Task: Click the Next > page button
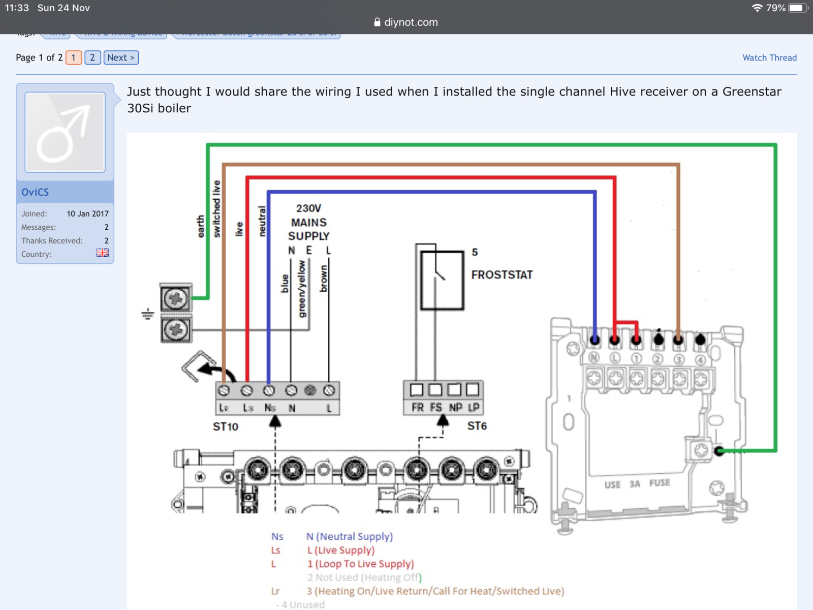click(121, 57)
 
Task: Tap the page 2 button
click(92, 57)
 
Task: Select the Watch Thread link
click(769, 57)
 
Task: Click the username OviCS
click(35, 192)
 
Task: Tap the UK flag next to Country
click(102, 253)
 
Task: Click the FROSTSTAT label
click(502, 275)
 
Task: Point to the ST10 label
click(226, 426)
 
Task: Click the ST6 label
click(477, 426)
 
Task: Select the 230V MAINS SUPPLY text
click(309, 222)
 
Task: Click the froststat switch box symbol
click(442, 280)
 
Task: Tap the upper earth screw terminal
click(176, 298)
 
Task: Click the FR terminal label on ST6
click(418, 407)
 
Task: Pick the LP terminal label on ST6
click(474, 407)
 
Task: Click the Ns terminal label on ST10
click(270, 408)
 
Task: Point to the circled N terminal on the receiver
click(594, 358)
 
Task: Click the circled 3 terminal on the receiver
click(679, 359)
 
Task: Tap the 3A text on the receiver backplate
click(635, 484)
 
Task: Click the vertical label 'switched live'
click(217, 208)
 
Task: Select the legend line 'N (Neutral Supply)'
click(350, 536)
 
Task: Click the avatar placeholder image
click(65, 132)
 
